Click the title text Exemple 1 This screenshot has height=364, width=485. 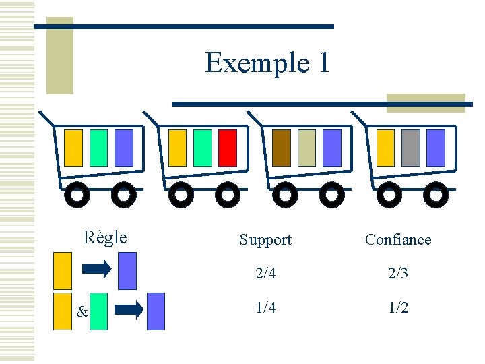267,63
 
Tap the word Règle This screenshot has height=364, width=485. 104,237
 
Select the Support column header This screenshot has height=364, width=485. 265,239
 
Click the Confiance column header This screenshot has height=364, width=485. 397,239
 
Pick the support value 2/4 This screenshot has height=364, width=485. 265,274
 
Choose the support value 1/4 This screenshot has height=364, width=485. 265,307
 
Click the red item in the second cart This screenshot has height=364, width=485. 228,148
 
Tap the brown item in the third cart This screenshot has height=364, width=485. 282,148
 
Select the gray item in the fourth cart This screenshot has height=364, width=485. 411,148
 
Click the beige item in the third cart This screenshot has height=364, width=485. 306,148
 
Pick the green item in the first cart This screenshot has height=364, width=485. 98,148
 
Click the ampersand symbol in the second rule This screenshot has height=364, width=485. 82,312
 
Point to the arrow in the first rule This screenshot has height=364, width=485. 96,270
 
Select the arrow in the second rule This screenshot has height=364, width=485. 128,310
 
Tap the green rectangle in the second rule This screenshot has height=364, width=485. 98,311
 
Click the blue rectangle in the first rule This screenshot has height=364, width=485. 127,270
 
